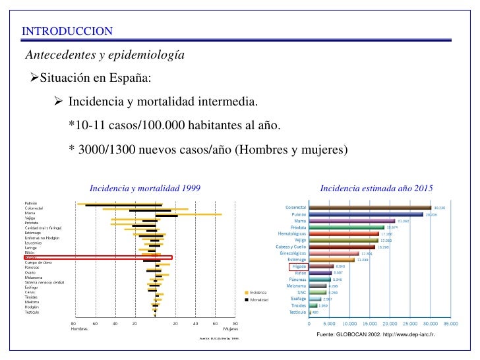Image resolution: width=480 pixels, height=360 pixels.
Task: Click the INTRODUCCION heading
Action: click(67, 32)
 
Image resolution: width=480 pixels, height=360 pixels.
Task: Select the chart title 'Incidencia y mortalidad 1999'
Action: click(145, 189)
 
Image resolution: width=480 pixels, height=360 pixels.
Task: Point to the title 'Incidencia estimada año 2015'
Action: click(376, 189)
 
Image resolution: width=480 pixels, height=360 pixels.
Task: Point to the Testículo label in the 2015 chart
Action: click(297, 312)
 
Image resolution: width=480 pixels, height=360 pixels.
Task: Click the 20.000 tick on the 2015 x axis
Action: click(390, 324)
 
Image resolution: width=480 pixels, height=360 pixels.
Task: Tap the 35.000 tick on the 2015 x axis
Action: click(451, 324)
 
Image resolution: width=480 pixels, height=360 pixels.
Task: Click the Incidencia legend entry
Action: click(258, 292)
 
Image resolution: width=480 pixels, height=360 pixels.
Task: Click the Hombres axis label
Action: click(80, 329)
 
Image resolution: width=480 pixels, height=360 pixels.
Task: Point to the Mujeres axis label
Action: click(230, 329)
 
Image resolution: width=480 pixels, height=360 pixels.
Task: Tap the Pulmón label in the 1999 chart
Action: click(30, 204)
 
